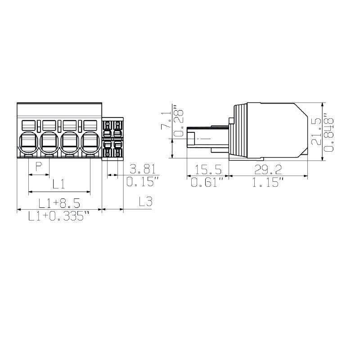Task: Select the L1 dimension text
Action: [59, 184]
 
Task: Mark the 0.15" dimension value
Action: [142, 182]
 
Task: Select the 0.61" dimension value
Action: [207, 183]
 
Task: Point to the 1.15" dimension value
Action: [268, 183]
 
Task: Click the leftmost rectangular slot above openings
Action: [29, 124]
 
